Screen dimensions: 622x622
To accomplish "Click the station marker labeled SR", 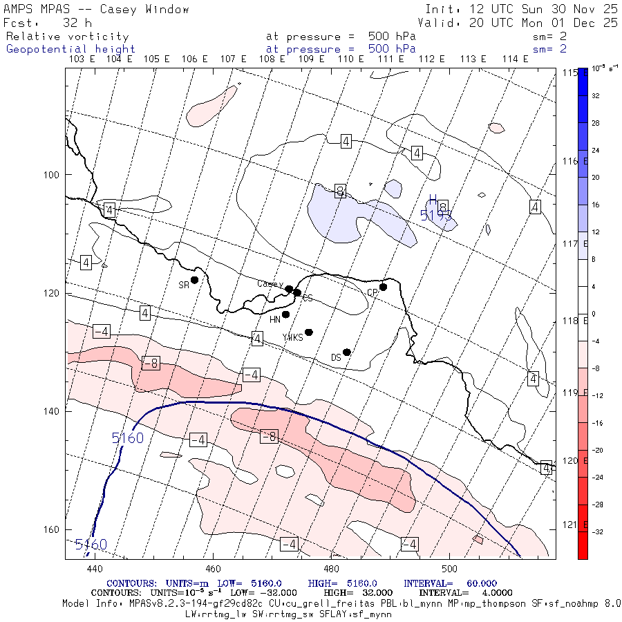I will coord(195,280).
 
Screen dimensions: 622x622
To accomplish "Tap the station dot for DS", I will coord(347,352).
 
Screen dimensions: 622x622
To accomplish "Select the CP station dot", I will coord(383,287).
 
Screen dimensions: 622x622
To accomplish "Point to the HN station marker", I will coord(285,314).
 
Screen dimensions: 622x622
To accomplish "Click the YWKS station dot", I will coord(309,332).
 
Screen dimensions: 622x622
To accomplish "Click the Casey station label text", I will coord(270,284).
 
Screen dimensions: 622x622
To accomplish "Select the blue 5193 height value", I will coord(435,216).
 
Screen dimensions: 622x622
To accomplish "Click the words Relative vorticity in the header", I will coord(67,37).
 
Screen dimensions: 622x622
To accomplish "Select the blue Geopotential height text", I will coord(70,49).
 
